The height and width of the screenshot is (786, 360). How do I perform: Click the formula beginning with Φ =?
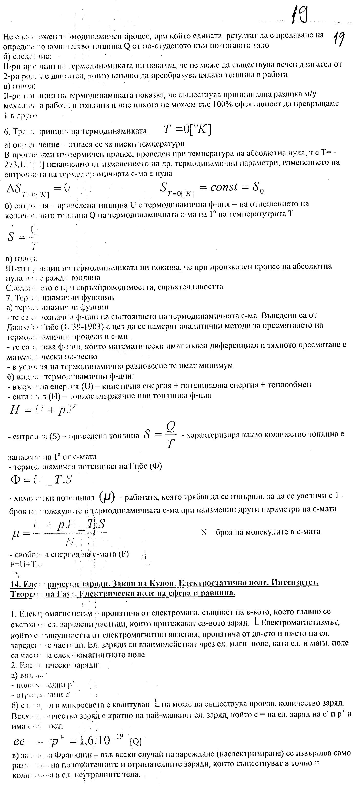click(x=41, y=480)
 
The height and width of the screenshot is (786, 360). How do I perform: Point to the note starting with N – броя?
click(x=261, y=532)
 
